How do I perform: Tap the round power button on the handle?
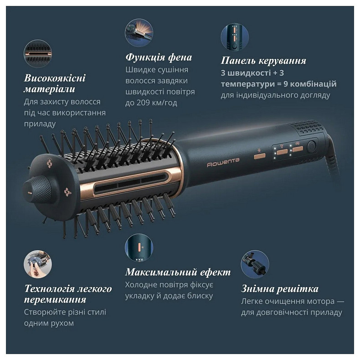tap(312, 146)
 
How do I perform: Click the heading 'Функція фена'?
tap(159, 58)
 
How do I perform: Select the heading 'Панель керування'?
tap(263, 61)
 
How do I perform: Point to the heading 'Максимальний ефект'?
tap(178, 273)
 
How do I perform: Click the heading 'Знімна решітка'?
tap(279, 289)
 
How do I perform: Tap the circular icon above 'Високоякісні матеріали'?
tap(38, 54)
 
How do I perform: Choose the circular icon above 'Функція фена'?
tap(139, 32)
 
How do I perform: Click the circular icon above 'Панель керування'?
tap(235, 37)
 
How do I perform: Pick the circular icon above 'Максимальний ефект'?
tap(139, 248)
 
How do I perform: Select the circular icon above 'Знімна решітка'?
tap(255, 264)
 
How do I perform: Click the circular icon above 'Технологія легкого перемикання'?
tap(38, 264)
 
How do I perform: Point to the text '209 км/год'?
tap(157, 103)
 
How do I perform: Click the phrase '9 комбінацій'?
tap(313, 84)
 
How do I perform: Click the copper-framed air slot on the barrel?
tap(128, 182)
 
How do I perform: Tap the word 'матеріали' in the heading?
tap(49, 89)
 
